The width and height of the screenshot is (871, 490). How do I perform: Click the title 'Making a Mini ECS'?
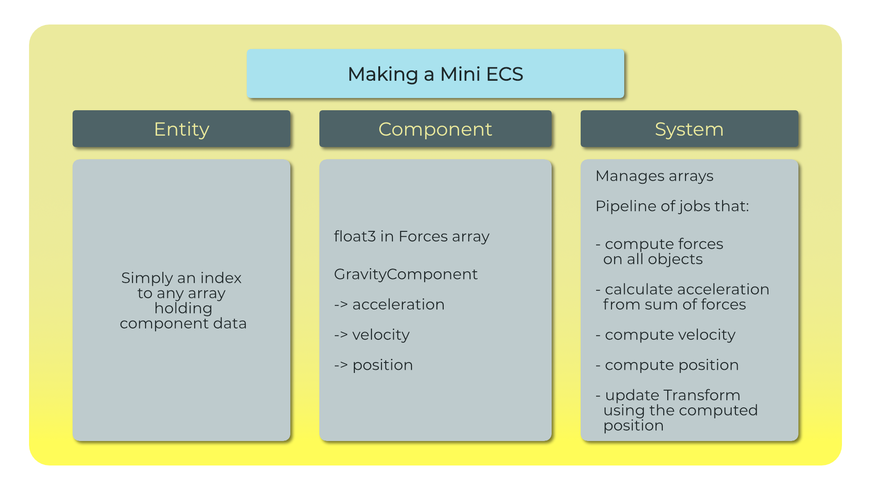[435, 74]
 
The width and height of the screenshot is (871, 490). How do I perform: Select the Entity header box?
[181, 129]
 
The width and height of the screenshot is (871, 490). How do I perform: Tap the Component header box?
[435, 129]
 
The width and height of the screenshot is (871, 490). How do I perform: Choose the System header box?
[690, 129]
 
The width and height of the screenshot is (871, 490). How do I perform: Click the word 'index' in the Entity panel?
[221, 278]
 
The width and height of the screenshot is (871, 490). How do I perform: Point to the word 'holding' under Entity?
[183, 309]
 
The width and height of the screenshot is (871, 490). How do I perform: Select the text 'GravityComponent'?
[406, 274]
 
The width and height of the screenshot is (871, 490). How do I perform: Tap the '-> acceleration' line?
[389, 304]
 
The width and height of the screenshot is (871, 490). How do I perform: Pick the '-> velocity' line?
[372, 335]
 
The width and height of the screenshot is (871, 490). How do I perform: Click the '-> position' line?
[373, 365]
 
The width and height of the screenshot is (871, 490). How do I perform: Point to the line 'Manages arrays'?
[654, 176]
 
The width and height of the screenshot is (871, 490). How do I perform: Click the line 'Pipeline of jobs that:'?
[672, 206]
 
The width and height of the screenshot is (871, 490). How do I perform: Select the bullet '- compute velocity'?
[665, 335]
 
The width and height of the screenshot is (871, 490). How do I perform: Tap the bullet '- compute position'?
[667, 365]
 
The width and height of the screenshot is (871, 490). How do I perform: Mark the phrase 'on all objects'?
[653, 259]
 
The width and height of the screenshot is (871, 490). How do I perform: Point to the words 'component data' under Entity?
[183, 323]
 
